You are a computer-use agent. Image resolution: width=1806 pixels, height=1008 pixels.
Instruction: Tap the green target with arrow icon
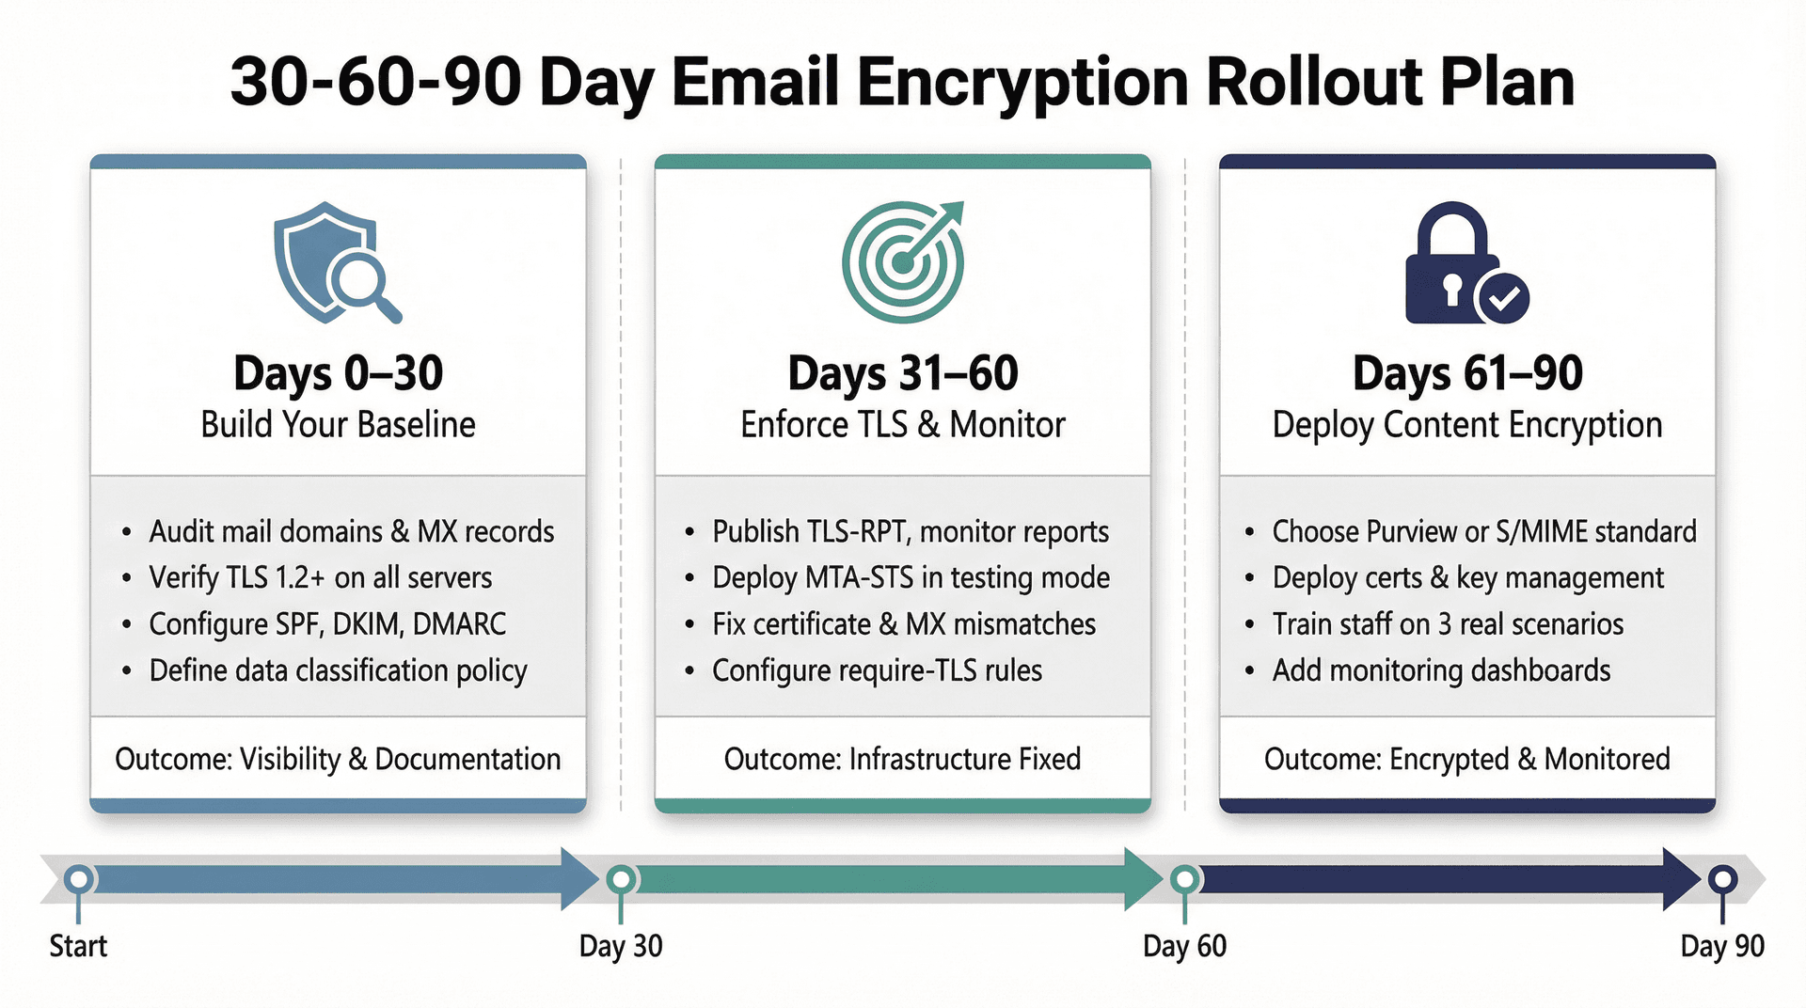coord(903,262)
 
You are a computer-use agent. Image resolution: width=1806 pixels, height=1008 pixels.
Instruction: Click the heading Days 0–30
coord(338,373)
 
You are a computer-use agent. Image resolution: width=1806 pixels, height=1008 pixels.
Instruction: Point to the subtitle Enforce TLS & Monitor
coord(902,425)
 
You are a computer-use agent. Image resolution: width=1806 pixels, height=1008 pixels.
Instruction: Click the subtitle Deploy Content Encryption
coord(1466,425)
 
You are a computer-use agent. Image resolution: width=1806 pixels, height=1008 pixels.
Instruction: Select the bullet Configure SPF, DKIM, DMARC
coord(327,624)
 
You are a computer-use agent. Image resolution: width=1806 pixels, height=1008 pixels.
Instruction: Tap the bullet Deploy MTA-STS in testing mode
coord(911,577)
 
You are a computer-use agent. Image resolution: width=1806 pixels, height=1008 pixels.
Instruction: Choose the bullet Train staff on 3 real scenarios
coord(1447,624)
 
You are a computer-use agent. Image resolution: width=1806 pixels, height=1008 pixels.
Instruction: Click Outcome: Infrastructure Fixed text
coord(902,759)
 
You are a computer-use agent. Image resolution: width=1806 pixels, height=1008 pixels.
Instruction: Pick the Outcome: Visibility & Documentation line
coord(338,759)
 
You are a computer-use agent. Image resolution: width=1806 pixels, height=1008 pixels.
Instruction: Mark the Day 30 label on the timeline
coord(621,946)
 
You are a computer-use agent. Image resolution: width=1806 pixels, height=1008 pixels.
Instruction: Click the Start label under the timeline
coord(78,946)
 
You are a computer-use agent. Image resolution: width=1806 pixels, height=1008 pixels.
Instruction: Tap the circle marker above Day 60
coord(1184,880)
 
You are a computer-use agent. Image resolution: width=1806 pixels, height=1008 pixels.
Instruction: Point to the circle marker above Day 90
coord(1722,880)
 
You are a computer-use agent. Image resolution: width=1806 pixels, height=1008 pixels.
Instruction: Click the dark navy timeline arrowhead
coord(1680,880)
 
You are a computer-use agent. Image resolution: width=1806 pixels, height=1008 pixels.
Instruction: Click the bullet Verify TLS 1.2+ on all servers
coord(320,577)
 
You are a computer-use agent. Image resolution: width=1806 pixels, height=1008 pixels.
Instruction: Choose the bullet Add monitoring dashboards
coord(1441,670)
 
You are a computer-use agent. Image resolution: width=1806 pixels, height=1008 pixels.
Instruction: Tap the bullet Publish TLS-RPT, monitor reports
coord(910,531)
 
